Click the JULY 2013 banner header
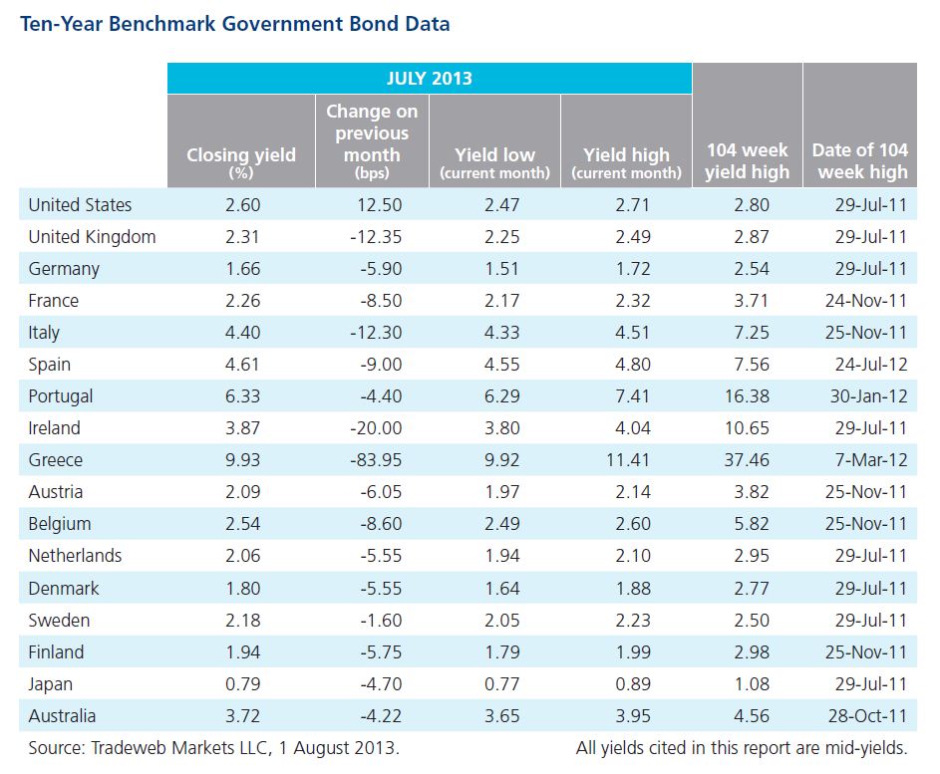click(x=430, y=79)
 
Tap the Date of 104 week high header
click(x=860, y=160)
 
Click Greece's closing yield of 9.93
click(x=243, y=460)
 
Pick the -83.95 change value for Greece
click(x=376, y=460)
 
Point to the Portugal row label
click(x=61, y=396)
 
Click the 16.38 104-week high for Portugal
click(x=747, y=396)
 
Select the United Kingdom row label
click(x=93, y=237)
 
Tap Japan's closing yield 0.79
click(x=243, y=684)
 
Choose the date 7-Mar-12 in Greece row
click(x=871, y=460)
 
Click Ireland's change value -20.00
click(x=376, y=428)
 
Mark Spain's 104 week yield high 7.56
click(x=752, y=365)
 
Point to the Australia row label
click(x=63, y=716)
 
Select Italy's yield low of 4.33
click(x=501, y=333)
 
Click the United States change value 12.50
click(x=380, y=205)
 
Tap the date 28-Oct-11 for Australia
click(x=868, y=716)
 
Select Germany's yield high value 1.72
click(x=632, y=269)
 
